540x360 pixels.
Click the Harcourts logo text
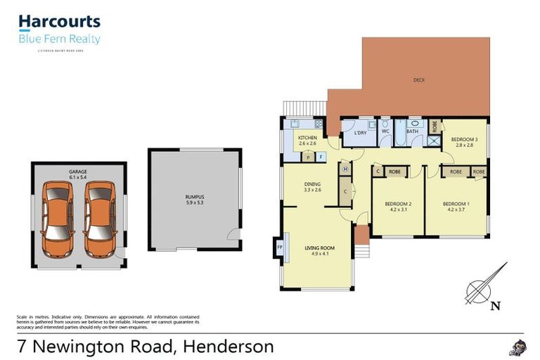point(59,22)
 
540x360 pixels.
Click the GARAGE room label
point(77,172)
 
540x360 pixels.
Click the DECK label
point(419,80)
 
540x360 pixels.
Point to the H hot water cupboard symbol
point(345,169)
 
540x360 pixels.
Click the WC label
point(385,131)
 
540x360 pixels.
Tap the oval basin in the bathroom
point(414,122)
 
